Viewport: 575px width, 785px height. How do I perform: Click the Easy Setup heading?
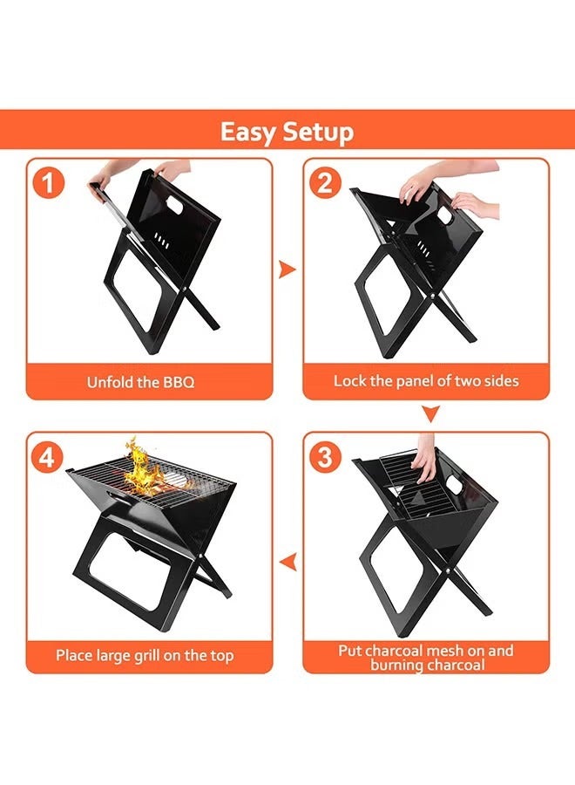287,132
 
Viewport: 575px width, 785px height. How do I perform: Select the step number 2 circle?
325,184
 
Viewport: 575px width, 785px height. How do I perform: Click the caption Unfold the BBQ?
140,382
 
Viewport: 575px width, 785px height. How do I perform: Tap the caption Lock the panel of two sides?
426,381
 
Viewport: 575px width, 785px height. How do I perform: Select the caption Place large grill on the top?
145,655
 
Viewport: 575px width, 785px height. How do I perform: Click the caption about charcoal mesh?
426,658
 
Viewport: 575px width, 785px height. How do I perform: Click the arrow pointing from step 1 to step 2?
287,270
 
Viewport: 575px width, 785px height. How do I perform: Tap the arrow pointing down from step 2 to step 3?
430,413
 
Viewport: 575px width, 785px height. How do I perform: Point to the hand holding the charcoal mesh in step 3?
426,460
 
